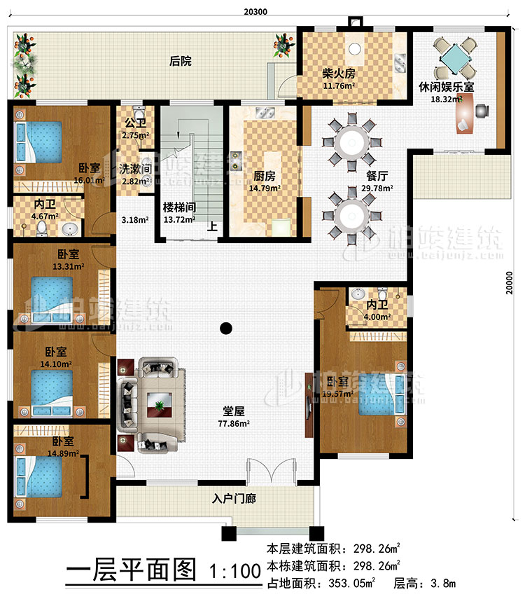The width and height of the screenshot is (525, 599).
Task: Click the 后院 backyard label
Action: point(181,62)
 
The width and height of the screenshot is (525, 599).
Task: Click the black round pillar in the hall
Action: point(225,326)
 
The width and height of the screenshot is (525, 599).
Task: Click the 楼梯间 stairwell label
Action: point(178,208)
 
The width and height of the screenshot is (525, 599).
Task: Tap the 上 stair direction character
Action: point(209,227)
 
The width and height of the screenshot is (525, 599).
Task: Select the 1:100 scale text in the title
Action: point(230,572)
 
